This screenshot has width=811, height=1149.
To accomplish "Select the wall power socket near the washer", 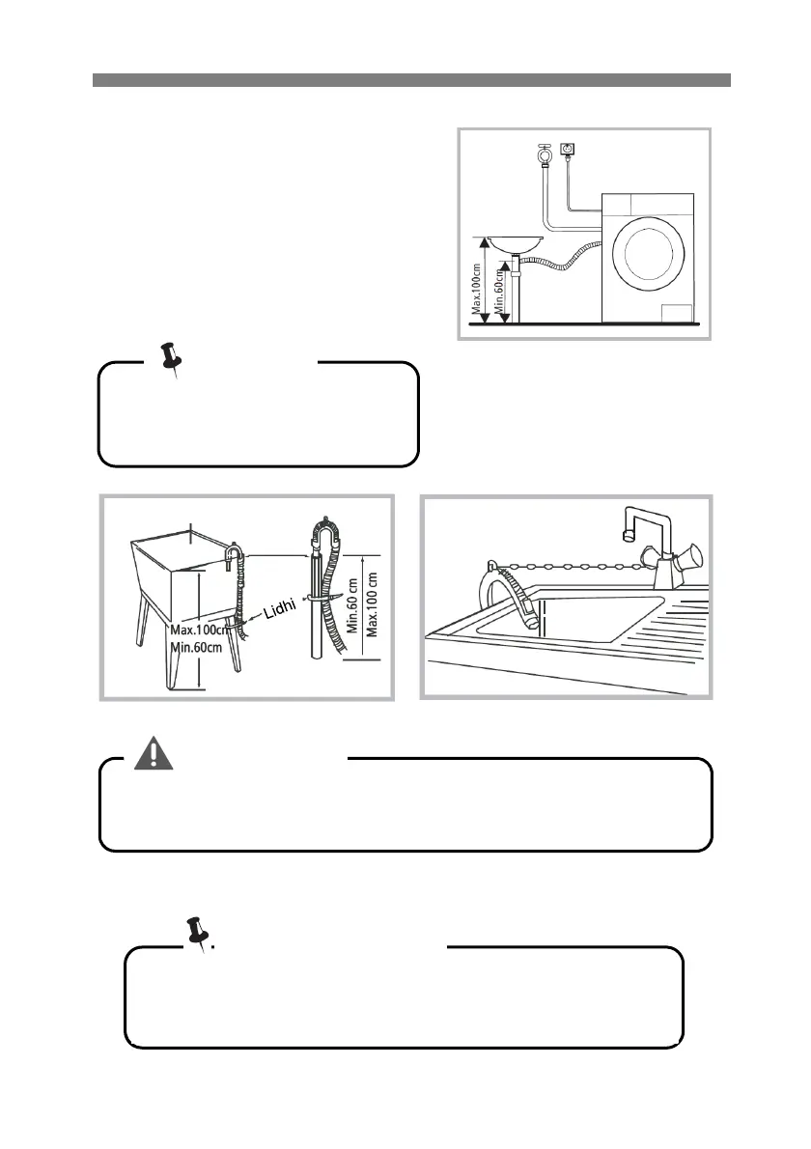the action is click(x=568, y=151).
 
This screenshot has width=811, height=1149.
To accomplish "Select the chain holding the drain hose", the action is click(x=570, y=565).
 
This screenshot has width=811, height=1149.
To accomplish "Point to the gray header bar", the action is click(x=411, y=79).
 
